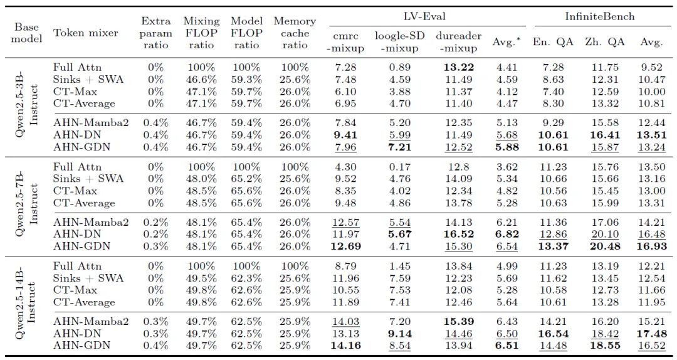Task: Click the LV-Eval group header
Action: click(x=424, y=16)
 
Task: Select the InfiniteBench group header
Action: click(x=599, y=16)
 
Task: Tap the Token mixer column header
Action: click(x=85, y=33)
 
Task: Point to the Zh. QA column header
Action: click(x=604, y=42)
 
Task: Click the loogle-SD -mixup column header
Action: click(x=399, y=42)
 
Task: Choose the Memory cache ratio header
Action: click(x=295, y=33)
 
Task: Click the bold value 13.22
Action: click(x=458, y=67)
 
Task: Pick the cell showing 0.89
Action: click(x=399, y=67)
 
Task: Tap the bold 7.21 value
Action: click(x=399, y=147)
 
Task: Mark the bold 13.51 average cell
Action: click(x=651, y=135)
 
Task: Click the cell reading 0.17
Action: click(x=399, y=167)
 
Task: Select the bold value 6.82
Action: click(x=507, y=234)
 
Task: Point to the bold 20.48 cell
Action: click(x=605, y=246)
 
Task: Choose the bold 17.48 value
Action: click(x=651, y=334)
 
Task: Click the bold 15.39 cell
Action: click(x=458, y=322)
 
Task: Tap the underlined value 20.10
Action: click(x=605, y=234)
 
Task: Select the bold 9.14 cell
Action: click(x=399, y=334)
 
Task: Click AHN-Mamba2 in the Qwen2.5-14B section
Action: click(x=91, y=322)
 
